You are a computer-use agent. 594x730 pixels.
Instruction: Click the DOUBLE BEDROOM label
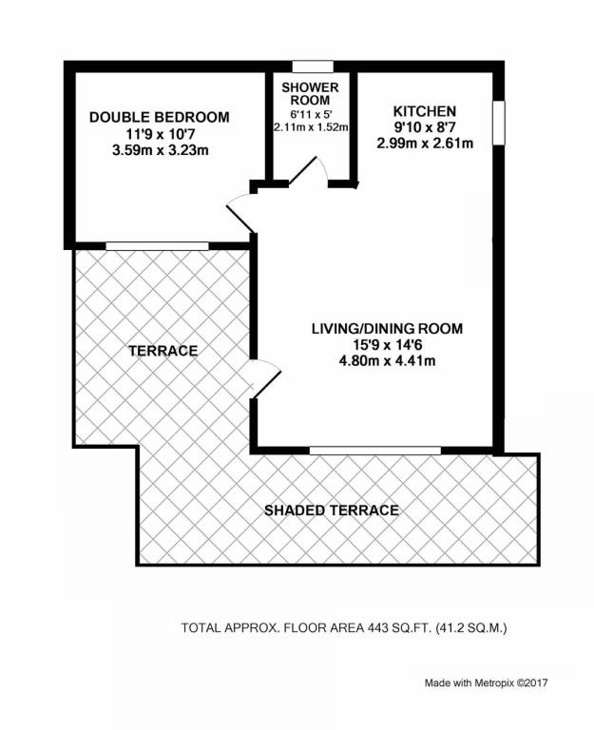tap(160, 117)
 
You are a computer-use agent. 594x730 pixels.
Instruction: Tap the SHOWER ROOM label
tap(310, 93)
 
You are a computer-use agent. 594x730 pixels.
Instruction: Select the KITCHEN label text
tap(425, 112)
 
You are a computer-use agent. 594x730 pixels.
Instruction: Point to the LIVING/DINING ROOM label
tap(388, 329)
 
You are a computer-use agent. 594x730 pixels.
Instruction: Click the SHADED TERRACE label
tap(332, 510)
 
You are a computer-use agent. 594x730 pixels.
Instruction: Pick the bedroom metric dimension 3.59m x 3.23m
tap(160, 150)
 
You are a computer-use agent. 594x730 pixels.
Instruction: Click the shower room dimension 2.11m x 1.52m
tap(311, 127)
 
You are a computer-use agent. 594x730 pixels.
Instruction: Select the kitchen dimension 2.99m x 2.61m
tap(425, 143)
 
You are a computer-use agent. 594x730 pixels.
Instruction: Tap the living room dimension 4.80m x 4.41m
tap(388, 360)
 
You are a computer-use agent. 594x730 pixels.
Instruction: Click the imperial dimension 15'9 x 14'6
tap(388, 344)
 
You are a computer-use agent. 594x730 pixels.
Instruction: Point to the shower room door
tap(308, 171)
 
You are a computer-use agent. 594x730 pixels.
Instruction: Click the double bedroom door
tap(240, 213)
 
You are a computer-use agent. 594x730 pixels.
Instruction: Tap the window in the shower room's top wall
tap(313, 67)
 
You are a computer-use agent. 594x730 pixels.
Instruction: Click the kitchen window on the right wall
tap(499, 123)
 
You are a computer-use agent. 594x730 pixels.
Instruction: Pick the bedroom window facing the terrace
tap(157, 246)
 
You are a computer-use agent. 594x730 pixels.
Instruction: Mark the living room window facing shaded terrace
tap(375, 451)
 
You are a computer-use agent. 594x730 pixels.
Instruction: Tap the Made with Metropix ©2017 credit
tap(486, 683)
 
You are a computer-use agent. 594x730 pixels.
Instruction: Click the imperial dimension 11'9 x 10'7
tap(160, 134)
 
